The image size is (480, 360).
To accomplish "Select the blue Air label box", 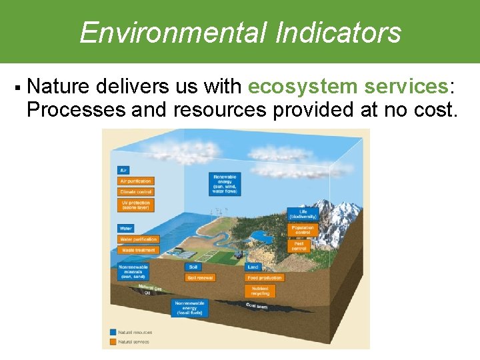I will [x=123, y=170].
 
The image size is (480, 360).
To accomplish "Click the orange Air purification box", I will [x=136, y=181].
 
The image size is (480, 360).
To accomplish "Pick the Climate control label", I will [x=136, y=191].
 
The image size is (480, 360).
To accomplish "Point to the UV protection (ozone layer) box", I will [x=136, y=205].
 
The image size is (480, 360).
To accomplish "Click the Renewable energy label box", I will [x=225, y=184].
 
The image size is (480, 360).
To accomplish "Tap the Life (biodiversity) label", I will [x=303, y=215].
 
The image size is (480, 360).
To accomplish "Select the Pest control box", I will [x=299, y=245].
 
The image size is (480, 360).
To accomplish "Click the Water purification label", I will [x=138, y=239].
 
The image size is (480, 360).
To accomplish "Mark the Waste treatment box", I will [x=138, y=250].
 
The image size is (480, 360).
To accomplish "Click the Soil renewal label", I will [x=200, y=277].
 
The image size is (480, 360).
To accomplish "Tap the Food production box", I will [x=265, y=277].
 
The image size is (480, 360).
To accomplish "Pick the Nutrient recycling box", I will [x=260, y=291].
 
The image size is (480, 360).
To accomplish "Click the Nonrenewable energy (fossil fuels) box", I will [x=191, y=308].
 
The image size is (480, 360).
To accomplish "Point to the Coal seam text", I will [x=257, y=307].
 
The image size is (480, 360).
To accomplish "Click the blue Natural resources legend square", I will [x=112, y=332].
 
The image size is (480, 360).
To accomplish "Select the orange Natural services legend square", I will [x=112, y=342].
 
